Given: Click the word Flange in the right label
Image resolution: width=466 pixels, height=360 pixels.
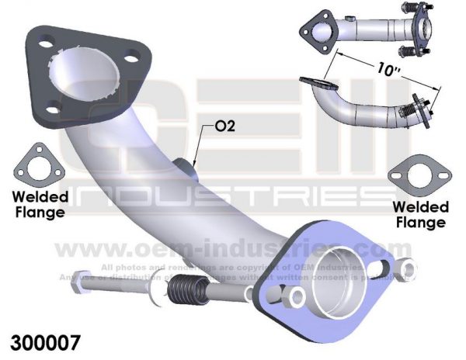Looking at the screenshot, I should click(x=419, y=223).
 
